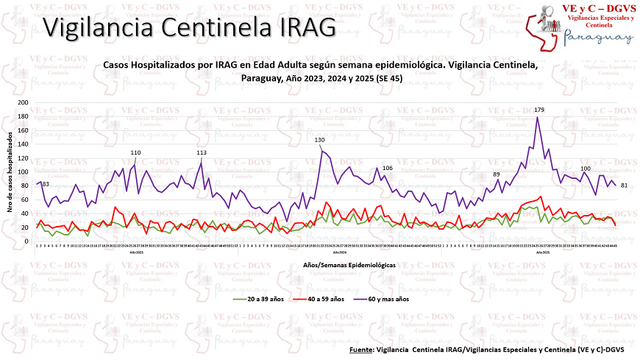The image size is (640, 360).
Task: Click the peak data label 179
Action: coord(539,110)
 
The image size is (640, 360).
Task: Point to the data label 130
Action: coord(320,140)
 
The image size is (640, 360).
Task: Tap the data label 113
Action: coord(202,152)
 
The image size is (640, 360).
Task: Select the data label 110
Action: coord(135,152)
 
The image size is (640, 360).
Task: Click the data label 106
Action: coord(388,169)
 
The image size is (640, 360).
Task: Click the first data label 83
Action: coord(45,184)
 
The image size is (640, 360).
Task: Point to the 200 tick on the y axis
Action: coord(24,103)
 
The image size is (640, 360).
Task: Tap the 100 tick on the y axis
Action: coord(24,165)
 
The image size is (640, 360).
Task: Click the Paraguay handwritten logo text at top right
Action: coord(597,38)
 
